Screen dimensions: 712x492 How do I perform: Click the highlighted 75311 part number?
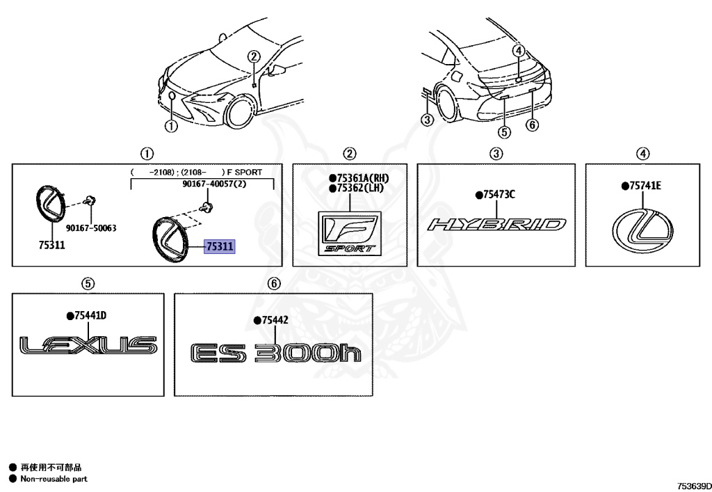(220, 246)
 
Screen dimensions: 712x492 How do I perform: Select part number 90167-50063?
(91, 228)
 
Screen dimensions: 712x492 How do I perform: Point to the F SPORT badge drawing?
(350, 234)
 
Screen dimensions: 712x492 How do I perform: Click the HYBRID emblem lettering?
(496, 224)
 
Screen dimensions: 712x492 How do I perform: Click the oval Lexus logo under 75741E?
(642, 232)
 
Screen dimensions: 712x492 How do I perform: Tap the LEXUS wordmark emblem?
(88, 345)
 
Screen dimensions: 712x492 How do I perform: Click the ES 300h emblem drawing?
(275, 353)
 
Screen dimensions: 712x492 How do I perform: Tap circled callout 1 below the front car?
(171, 126)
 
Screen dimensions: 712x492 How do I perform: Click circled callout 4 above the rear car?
(519, 50)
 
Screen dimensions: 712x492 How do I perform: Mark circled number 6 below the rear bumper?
(532, 125)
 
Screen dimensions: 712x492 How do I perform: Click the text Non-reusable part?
(54, 479)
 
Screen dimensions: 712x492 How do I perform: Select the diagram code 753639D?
(695, 486)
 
